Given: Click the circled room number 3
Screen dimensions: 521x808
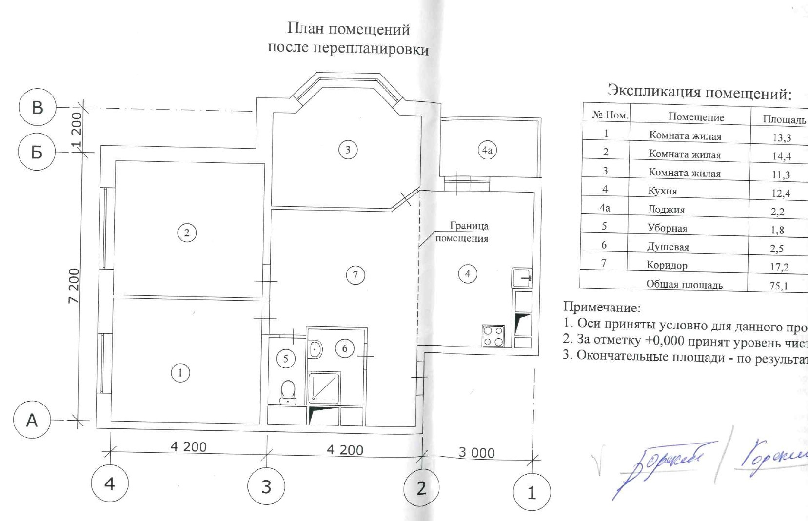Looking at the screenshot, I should [x=348, y=150].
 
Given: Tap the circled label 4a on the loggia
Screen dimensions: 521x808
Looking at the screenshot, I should [x=487, y=150].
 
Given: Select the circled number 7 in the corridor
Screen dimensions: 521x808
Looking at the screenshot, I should [x=355, y=275].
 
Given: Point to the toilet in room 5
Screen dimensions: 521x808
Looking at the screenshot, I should [x=288, y=392].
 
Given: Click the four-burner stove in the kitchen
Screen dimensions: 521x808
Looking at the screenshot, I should [x=493, y=336].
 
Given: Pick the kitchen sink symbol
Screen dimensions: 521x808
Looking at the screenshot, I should [x=522, y=278].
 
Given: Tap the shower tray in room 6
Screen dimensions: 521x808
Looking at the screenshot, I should [x=324, y=388].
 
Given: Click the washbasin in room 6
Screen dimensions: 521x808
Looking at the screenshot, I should [x=315, y=349].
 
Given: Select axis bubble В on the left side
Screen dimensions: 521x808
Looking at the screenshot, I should [x=38, y=107].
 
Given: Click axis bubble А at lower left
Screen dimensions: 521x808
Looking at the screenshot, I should [x=32, y=420].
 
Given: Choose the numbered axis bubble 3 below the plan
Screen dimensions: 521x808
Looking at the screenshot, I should [x=266, y=486].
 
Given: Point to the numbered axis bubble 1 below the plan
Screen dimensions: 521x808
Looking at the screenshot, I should [x=532, y=492].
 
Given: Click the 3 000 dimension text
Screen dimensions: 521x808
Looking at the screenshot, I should [x=476, y=453].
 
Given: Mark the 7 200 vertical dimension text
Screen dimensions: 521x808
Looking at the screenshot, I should [x=74, y=286].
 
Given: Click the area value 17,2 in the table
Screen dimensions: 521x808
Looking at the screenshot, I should [x=779, y=267].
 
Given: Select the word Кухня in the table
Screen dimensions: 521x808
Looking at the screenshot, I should [x=662, y=191].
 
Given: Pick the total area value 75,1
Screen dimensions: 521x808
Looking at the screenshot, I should [x=779, y=286].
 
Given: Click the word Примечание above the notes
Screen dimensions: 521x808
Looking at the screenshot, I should [x=602, y=307].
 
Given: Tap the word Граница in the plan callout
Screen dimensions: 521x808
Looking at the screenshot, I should [x=469, y=226].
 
